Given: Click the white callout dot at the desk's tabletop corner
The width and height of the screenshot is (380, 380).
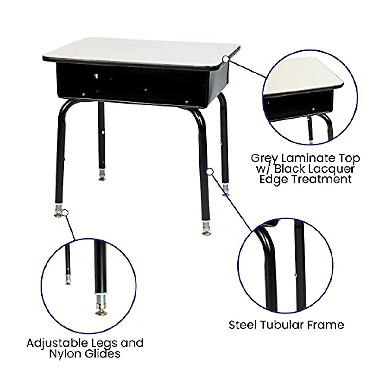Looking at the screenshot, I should point(225,59).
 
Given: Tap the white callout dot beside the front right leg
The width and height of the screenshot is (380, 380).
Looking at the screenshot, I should point(210,172).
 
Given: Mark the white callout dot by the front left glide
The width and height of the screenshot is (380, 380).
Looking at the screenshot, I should point(65,212).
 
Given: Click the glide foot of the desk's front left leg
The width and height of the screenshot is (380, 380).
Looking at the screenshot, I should point(58,215).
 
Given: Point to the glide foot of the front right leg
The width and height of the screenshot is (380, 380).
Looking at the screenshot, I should point(206,233).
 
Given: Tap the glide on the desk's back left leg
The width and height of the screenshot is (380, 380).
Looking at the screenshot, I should point(102,178).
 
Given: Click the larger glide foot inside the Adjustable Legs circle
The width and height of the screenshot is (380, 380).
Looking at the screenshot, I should point(101,312).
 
